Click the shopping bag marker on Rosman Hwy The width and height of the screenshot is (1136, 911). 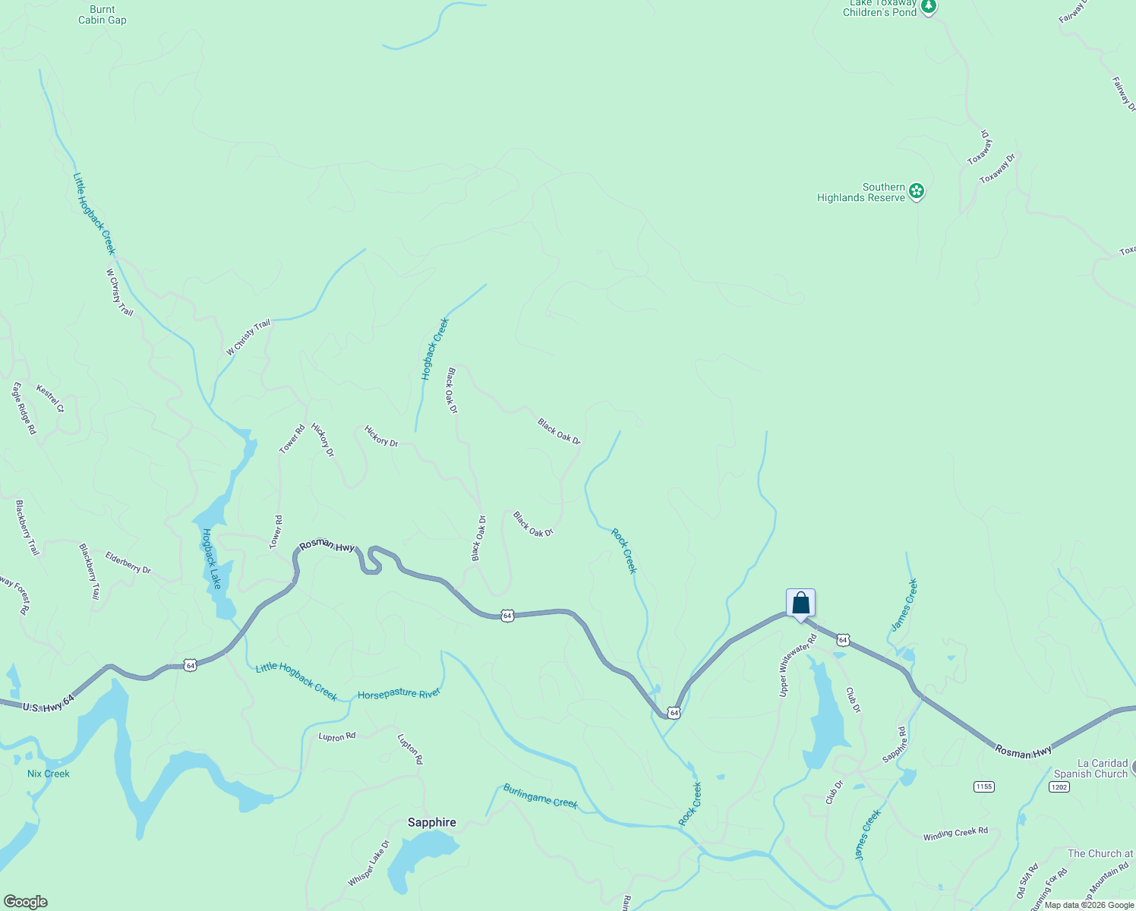pyautogui.click(x=800, y=604)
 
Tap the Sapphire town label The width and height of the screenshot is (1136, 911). pyautogui.click(x=432, y=822)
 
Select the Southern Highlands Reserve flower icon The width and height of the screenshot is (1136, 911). pyautogui.click(x=917, y=191)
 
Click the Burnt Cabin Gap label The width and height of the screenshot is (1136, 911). pyautogui.click(x=103, y=15)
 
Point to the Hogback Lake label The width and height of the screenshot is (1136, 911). pyautogui.click(x=211, y=559)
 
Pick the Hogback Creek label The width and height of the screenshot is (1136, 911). pyautogui.click(x=435, y=349)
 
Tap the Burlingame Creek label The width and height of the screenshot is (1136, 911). pyautogui.click(x=540, y=796)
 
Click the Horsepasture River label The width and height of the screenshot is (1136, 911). pyautogui.click(x=399, y=694)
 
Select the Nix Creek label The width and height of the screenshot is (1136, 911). pyautogui.click(x=49, y=774)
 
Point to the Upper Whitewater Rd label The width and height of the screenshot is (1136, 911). pyautogui.click(x=797, y=665)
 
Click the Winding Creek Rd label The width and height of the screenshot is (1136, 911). pyautogui.click(x=955, y=834)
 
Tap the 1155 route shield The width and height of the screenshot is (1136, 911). pyautogui.click(x=983, y=786)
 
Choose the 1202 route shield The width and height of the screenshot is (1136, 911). pyautogui.click(x=1059, y=786)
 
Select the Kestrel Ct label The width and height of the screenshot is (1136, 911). pyautogui.click(x=50, y=399)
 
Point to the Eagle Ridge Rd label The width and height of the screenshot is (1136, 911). pyautogui.click(x=24, y=408)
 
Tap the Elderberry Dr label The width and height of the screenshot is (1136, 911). pyautogui.click(x=128, y=563)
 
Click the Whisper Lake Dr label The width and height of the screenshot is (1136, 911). pyautogui.click(x=369, y=863)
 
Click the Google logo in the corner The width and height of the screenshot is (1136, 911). pyautogui.click(x=26, y=902)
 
